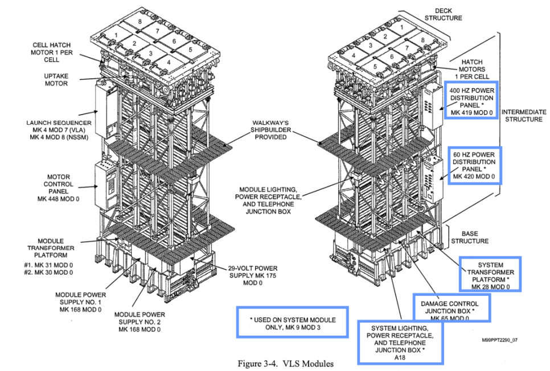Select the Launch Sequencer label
[x=55, y=128]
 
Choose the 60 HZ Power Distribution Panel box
[x=474, y=166]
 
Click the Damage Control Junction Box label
[x=451, y=307]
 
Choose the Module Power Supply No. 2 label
[x=139, y=321]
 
